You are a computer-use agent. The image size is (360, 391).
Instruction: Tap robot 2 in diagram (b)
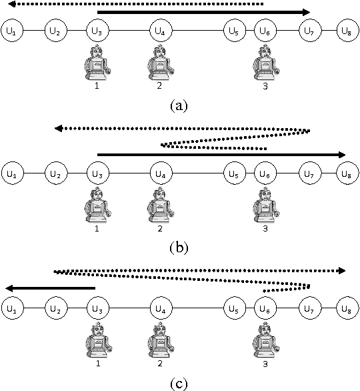coord(159,205)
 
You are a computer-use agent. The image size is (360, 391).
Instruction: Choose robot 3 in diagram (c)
coord(265,340)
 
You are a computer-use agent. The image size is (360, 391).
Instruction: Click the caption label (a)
coord(179,105)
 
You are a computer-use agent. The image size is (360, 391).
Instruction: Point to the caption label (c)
coord(179,382)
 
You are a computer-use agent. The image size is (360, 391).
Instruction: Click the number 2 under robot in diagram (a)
coord(159,86)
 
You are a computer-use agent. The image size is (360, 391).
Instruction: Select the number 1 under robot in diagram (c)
coord(98,364)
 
